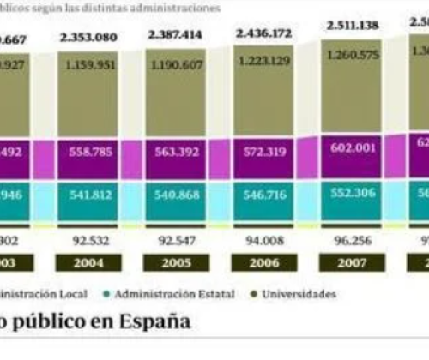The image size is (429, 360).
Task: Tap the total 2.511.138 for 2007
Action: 352,26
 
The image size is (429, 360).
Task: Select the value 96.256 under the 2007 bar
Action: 350,242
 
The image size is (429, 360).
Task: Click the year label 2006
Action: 263,263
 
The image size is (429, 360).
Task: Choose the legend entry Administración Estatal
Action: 176,294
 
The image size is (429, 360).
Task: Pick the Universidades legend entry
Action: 297,294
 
